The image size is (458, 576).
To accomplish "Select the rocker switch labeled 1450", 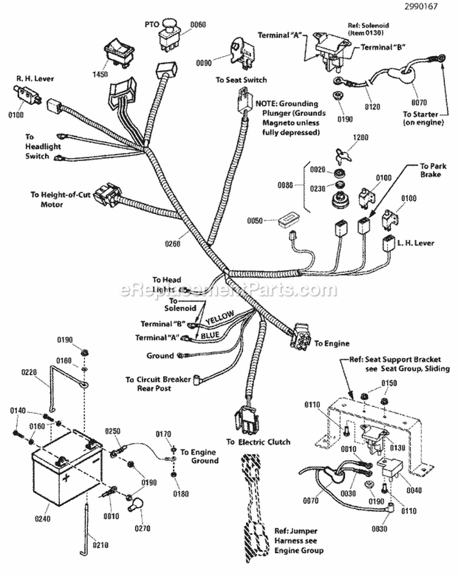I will pos(118,50).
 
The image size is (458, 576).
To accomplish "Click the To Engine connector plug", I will pos(302,336).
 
